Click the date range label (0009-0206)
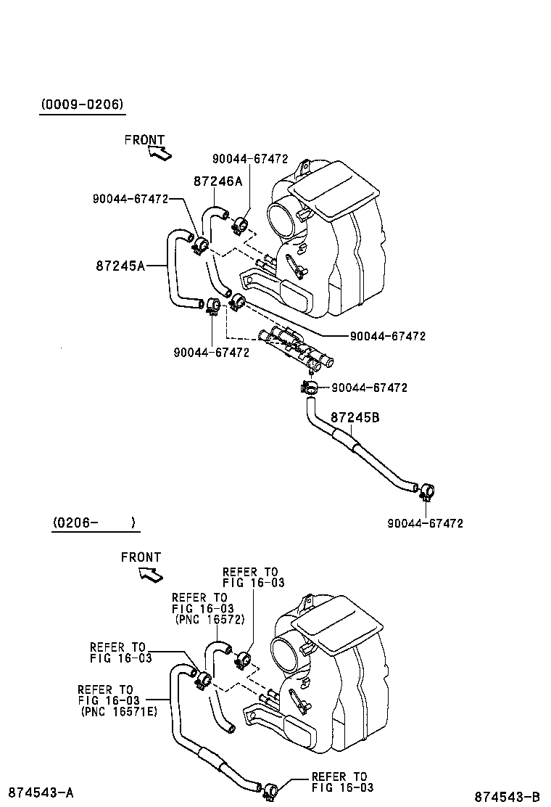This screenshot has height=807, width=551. [82, 105]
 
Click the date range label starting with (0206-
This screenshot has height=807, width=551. [94, 523]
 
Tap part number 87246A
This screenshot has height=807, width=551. [217, 181]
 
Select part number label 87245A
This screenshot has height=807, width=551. [120, 266]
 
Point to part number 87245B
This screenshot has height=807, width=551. [355, 417]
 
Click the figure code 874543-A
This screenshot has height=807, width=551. [41, 792]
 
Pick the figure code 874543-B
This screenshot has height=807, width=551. [507, 796]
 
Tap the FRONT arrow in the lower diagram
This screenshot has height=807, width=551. [150, 575]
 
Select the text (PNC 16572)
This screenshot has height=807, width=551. [210, 619]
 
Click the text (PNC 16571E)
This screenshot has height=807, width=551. [119, 711]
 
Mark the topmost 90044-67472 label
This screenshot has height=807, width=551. [250, 159]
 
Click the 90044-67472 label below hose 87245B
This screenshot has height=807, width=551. [425, 523]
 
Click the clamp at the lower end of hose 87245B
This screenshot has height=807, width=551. [426, 492]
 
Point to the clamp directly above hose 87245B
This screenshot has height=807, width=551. [310, 389]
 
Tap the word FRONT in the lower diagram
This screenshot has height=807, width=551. [141, 557]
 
